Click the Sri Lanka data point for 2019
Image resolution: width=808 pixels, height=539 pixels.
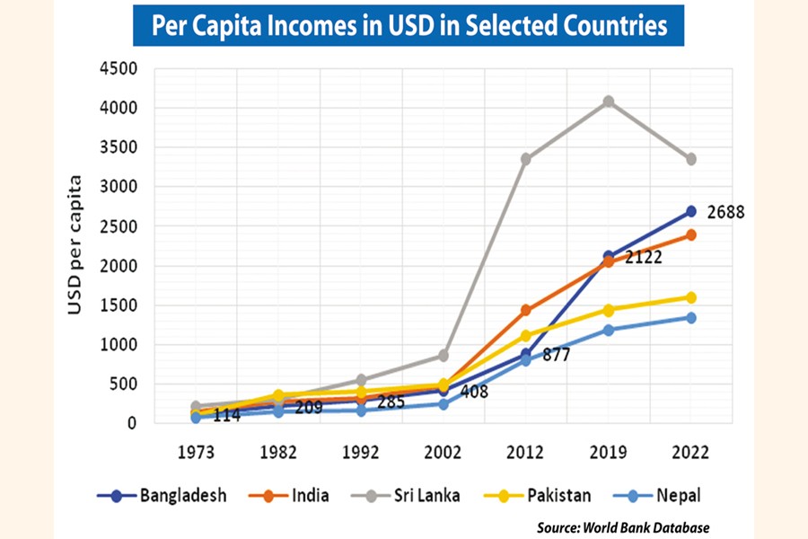tap(609, 102)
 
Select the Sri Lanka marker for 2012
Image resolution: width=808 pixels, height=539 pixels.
tap(526, 159)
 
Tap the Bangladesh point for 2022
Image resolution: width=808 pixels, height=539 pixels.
tap(691, 211)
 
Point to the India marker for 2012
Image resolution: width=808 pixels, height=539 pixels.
tap(526, 310)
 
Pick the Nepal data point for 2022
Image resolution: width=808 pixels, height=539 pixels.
tap(691, 317)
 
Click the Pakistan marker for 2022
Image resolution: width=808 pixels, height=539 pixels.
tap(691, 297)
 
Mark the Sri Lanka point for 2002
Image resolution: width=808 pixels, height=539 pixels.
tap(444, 356)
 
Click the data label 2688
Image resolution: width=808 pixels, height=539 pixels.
tap(726, 213)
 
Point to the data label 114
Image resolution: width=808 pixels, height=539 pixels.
tap(227, 415)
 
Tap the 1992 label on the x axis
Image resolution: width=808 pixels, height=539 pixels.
tap(361, 453)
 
